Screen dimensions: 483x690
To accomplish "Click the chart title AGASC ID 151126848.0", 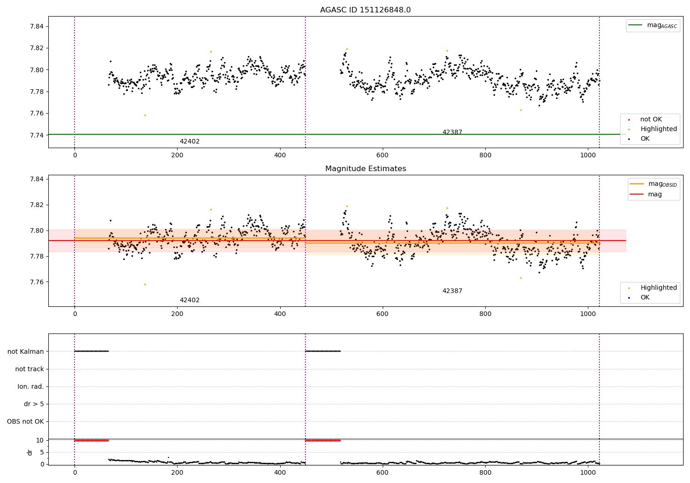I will (365, 10).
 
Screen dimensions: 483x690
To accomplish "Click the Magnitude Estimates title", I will (365, 169).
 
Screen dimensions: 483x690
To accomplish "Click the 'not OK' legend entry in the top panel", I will (651, 120).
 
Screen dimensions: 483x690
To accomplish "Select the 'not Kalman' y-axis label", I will (26, 351).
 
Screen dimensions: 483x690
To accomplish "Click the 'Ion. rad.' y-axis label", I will (31, 386).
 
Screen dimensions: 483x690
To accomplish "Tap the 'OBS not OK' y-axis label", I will (25, 421).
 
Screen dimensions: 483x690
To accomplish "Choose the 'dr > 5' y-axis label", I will (34, 404).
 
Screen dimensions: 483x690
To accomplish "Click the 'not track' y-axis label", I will (29, 369).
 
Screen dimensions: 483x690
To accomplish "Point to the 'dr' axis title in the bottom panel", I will (30, 452).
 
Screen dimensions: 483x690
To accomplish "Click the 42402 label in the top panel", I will (190, 142).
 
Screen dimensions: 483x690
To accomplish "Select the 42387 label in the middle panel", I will (452, 291).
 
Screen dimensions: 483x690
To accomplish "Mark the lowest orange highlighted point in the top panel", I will (145, 115).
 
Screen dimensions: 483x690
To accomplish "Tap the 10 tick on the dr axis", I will (40, 440).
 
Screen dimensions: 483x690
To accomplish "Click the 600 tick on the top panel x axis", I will (382, 155).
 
